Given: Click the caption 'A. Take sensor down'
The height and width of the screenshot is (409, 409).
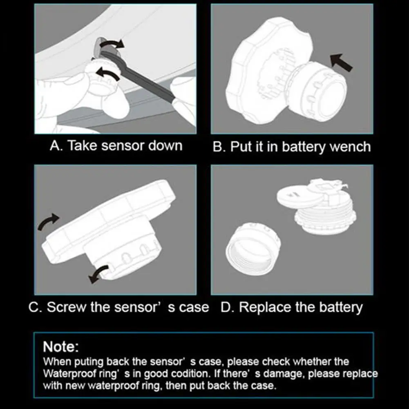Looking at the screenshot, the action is coord(116,145).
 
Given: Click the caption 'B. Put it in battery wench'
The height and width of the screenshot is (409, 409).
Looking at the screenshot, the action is coord(292,147).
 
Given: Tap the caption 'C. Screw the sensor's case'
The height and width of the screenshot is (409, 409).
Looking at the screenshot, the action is coord(118,307).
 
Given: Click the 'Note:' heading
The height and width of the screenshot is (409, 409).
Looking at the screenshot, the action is coord(61,346).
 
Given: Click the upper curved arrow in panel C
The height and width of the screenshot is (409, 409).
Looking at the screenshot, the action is coord(48,221).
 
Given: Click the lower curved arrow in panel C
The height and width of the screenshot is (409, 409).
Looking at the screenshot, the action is coord(98,274).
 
